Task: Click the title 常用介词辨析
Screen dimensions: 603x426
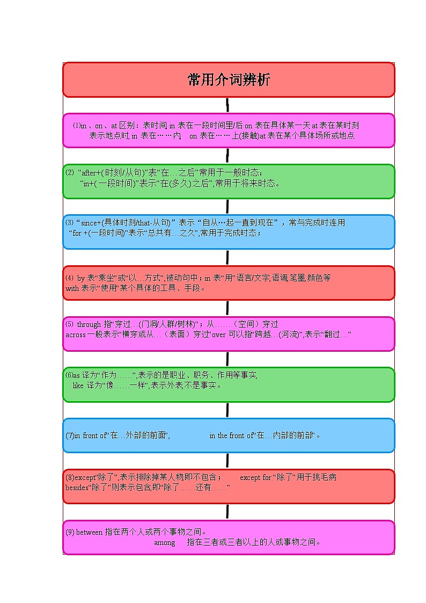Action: [229, 80]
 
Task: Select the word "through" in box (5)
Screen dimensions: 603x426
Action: [89, 324]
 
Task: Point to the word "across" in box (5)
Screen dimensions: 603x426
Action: [75, 335]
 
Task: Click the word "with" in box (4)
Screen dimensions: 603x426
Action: [72, 288]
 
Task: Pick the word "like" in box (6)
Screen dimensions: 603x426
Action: [78, 385]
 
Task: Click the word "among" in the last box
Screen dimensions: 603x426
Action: [164, 542]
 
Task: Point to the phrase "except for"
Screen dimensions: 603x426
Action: [255, 477]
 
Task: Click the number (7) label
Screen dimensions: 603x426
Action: [70, 435]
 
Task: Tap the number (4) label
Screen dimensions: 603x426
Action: [69, 278]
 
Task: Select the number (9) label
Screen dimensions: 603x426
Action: [70, 532]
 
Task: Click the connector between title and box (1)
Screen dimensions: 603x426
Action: [228, 105]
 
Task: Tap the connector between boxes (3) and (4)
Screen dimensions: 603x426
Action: [227, 257]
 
